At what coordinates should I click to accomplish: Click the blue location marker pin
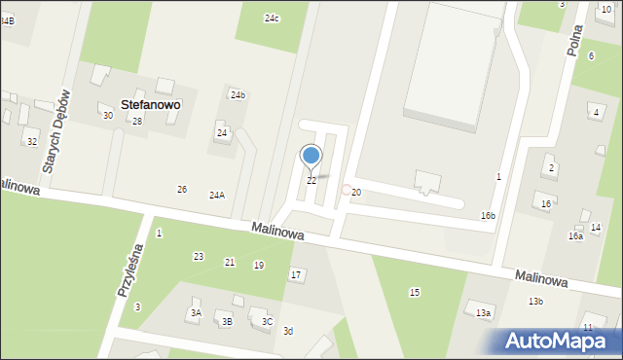[x=311, y=156]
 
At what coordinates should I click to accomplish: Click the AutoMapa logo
[x=556, y=341]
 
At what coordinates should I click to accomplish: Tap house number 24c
[x=272, y=18]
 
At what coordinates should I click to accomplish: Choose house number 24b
[x=238, y=94]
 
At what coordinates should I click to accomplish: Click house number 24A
[x=217, y=195]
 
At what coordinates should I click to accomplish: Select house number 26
[x=181, y=189]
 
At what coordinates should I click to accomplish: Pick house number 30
[x=108, y=116]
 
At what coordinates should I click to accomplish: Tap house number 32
[x=32, y=142]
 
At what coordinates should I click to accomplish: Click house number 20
[x=356, y=193]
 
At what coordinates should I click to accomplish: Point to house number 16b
[x=488, y=216]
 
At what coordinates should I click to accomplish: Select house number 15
[x=415, y=293]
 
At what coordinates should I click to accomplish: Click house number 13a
[x=483, y=313]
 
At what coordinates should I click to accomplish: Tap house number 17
[x=295, y=275]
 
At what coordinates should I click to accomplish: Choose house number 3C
[x=267, y=321]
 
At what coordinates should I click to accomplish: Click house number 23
[x=199, y=257]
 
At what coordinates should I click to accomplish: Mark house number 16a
[x=575, y=236]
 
